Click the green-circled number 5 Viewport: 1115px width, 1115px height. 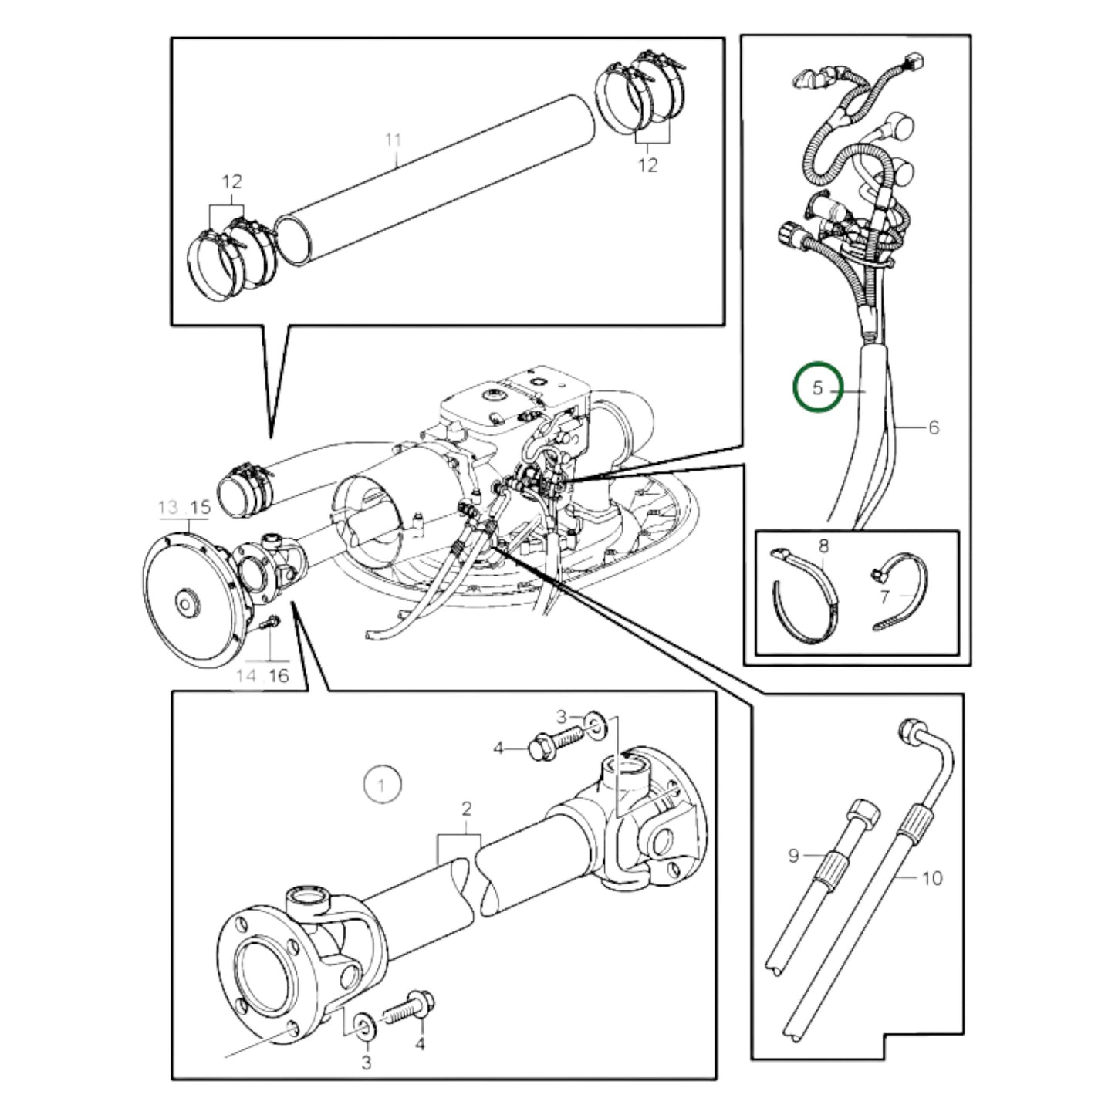coord(818,387)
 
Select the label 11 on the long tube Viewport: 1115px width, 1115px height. coord(394,140)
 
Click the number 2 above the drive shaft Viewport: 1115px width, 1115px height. coord(466,809)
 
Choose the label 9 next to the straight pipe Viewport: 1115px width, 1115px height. coord(793,855)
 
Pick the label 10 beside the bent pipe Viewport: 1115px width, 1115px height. coord(932,877)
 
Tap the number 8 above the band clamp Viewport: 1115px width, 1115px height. coord(823,546)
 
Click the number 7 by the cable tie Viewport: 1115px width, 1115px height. coord(884,596)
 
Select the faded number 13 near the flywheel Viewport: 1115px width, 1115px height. coord(167,508)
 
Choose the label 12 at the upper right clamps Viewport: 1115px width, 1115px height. coord(648,164)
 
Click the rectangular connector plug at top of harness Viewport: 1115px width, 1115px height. coord(917,59)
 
